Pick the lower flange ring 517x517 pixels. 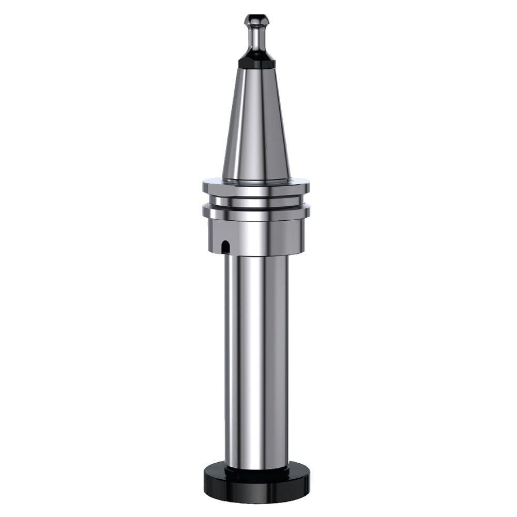click(x=256, y=212)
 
